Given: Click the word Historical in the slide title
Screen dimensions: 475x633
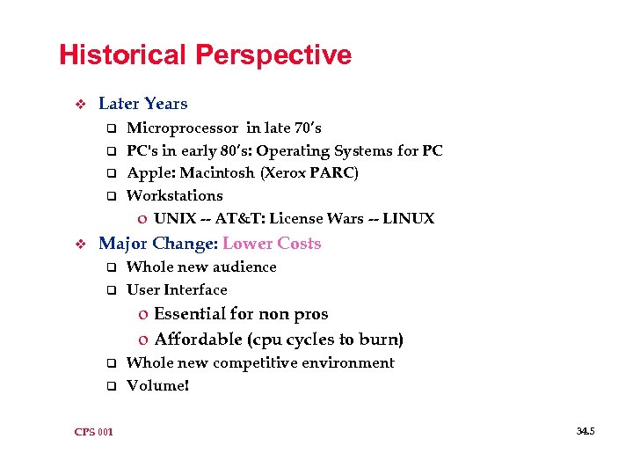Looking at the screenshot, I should [x=123, y=55].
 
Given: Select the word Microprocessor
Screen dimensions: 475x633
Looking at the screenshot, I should [x=183, y=128].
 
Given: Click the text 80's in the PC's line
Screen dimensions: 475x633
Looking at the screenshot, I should [x=234, y=150].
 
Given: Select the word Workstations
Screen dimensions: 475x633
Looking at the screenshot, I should [x=175, y=195].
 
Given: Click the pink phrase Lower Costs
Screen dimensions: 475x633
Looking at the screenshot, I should [x=272, y=244].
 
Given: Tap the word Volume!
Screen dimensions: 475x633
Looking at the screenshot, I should [x=158, y=385].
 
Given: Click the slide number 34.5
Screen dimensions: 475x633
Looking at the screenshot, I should [x=586, y=431].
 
